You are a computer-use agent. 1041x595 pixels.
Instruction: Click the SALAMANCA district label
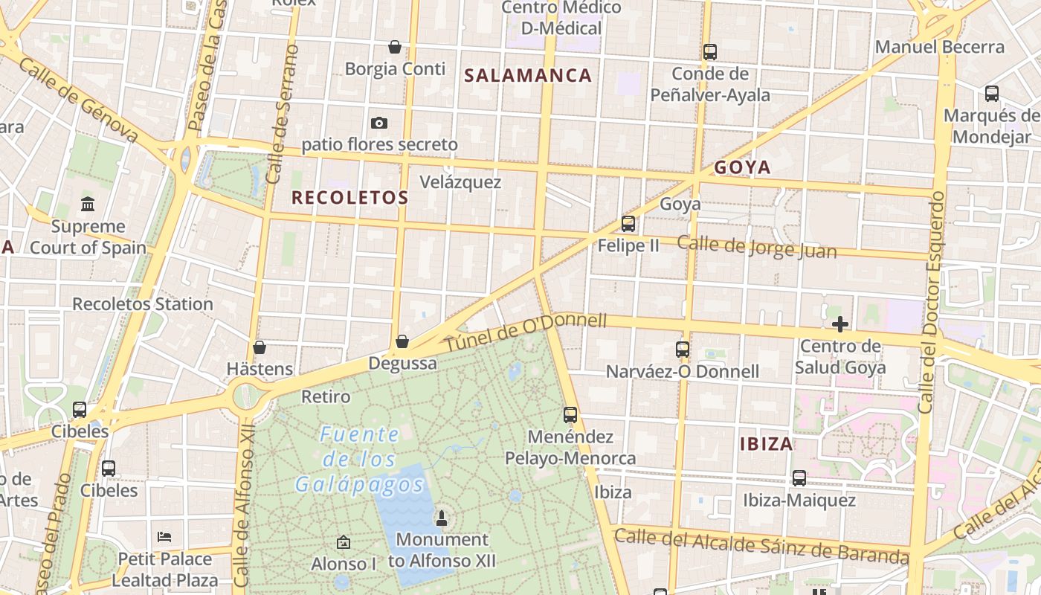pos(528,75)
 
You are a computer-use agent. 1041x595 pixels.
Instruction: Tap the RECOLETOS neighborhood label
pos(349,198)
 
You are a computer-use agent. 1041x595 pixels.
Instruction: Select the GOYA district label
pos(742,167)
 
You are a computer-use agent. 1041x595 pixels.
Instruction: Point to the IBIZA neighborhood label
pos(767,444)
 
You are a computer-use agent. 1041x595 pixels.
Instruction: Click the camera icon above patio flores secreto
pos(379,123)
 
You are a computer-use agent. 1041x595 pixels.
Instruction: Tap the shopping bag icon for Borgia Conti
pos(395,48)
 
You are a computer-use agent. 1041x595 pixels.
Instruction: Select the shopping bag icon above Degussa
pos(402,341)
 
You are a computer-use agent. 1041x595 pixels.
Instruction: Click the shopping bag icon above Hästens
pos(260,347)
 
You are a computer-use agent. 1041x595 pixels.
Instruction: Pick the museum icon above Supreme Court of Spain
pos(88,204)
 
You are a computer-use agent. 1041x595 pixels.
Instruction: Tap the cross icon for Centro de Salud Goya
pos(840,324)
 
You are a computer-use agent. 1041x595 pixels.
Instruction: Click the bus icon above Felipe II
pos(628,223)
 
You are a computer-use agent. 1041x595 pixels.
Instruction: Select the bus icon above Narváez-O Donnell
pos(682,349)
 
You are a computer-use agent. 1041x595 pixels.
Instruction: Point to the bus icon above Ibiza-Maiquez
pos(799,478)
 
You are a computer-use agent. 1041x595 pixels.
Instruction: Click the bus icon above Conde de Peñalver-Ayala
pos(710,52)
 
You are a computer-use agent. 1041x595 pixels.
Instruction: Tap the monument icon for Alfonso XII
pos(442,518)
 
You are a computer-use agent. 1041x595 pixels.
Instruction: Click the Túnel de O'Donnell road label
pos(526,334)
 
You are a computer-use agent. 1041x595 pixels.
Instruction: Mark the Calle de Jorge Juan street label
pos(757,247)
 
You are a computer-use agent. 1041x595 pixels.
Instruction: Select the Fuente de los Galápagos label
pos(361,460)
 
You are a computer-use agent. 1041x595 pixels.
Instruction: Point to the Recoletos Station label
pos(143,304)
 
